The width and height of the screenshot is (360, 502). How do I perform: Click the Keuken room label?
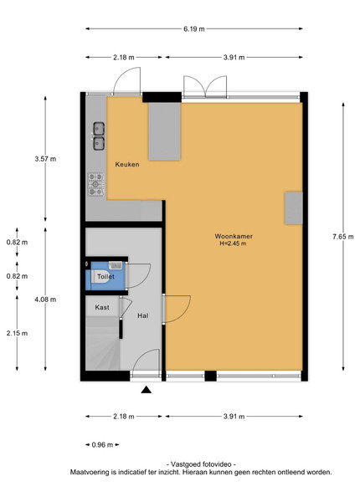coord(127,165)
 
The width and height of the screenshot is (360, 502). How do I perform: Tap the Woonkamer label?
coord(234,236)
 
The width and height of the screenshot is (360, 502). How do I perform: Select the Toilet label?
coord(105,276)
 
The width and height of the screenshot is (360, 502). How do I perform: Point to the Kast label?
coord(102,307)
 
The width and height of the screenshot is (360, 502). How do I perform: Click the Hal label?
coord(143,315)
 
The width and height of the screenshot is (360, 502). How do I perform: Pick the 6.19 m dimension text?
coord(194,28)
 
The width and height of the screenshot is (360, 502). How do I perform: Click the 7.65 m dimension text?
coord(343,237)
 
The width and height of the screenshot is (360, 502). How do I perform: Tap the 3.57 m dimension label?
coord(45,159)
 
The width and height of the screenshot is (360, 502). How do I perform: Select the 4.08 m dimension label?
coord(45,300)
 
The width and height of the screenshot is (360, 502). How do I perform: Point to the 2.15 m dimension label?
coord(17,333)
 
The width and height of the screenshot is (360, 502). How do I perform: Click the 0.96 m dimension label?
coord(102,445)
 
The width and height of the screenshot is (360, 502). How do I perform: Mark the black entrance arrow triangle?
coord(147,390)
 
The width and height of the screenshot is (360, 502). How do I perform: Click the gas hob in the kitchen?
coord(96,184)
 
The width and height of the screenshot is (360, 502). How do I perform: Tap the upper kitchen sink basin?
coord(99,129)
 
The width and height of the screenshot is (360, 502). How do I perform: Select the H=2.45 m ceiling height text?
coord(233,243)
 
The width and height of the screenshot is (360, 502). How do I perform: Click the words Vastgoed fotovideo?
coord(201,464)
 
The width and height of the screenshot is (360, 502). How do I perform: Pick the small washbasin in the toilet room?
coord(116,265)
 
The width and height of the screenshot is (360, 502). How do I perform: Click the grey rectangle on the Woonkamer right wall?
coord(294,208)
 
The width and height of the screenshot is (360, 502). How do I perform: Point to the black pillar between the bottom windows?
coord(210,376)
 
